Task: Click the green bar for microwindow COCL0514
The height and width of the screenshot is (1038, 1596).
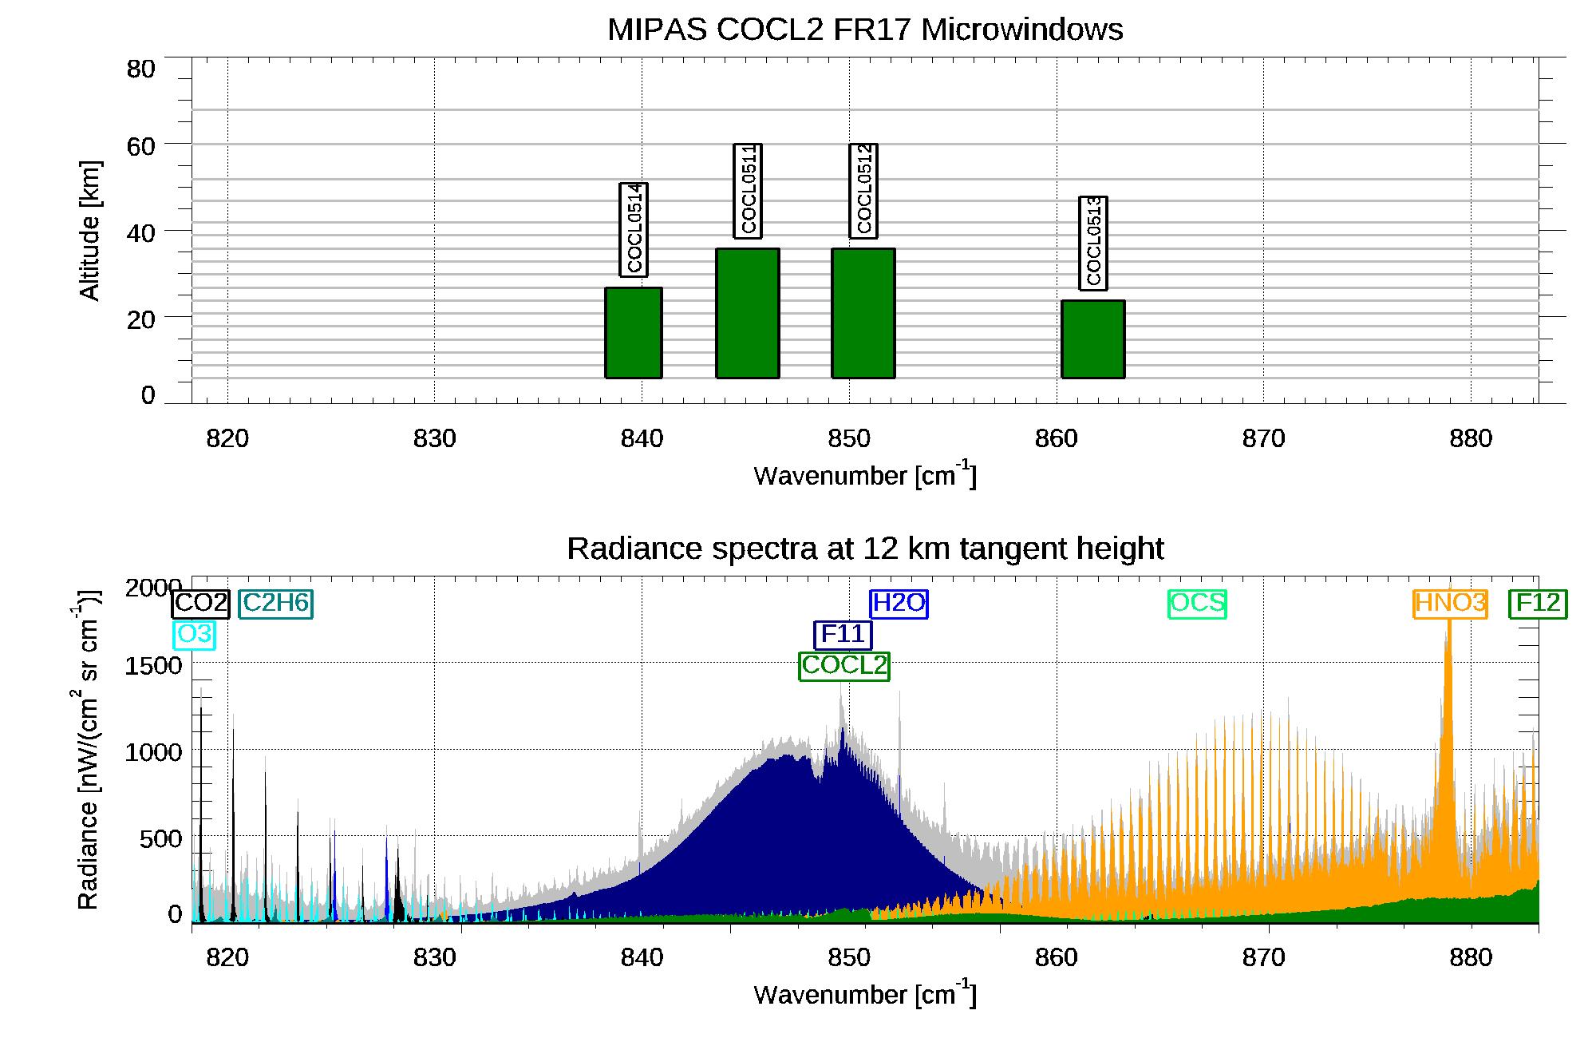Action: (x=634, y=332)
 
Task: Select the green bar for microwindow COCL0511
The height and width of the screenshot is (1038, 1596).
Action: (x=748, y=313)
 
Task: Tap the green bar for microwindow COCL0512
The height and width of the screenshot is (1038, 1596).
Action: (x=863, y=313)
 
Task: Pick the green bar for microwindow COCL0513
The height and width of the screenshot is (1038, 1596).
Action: (x=1093, y=339)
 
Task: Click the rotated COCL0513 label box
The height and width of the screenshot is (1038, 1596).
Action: (x=1093, y=243)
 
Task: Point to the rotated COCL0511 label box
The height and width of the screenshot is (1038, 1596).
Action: (x=748, y=191)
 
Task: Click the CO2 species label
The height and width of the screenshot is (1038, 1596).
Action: (x=201, y=604)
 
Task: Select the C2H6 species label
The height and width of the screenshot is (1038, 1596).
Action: (x=275, y=604)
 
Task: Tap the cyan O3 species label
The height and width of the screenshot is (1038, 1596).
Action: (x=194, y=635)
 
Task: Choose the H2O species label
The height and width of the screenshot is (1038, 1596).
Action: (x=899, y=604)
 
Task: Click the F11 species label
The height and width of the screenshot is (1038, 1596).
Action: (x=843, y=635)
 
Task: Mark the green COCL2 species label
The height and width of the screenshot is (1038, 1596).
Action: (x=844, y=666)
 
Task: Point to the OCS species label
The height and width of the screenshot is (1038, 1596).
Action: (x=1197, y=604)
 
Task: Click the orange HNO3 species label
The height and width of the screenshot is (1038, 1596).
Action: (x=1450, y=604)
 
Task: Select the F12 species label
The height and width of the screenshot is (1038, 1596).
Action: (x=1538, y=604)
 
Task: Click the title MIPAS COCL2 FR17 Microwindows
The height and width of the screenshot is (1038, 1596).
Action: (x=865, y=30)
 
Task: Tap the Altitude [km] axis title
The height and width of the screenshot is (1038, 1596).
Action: (x=89, y=231)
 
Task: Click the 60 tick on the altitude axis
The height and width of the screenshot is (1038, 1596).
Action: (x=140, y=147)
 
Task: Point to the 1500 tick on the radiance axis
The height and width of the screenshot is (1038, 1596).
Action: (x=153, y=666)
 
